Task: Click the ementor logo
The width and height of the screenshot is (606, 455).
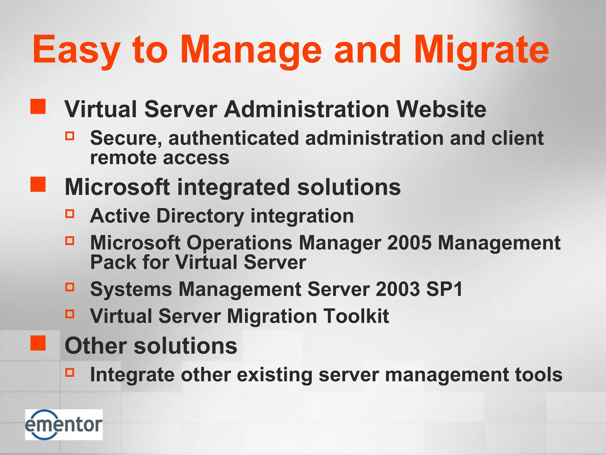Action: [64, 424]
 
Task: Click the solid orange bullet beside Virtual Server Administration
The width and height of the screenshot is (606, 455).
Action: [38, 107]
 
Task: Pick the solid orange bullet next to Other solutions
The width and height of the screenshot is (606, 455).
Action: [38, 343]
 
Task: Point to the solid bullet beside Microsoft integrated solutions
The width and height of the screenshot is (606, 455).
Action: [38, 185]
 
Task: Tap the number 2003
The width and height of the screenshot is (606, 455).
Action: [398, 289]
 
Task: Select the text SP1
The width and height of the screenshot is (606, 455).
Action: [444, 289]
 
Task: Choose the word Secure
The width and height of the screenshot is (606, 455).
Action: [126, 138]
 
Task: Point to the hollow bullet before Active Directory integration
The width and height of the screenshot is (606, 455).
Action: [70, 214]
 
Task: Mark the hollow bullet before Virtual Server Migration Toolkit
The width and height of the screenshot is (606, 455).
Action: [70, 314]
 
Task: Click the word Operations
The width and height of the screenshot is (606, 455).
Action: [239, 243]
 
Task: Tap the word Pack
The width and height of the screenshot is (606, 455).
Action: [113, 262]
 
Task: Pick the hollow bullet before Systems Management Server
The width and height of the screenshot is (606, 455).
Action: [70, 287]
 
